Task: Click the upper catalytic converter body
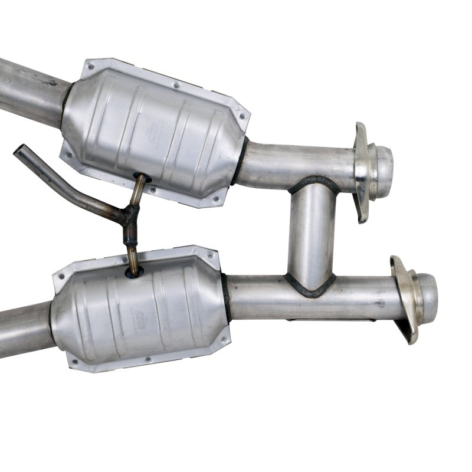[x=153, y=130]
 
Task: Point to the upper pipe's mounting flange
[x=361, y=171]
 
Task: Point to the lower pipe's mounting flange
[x=405, y=298]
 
